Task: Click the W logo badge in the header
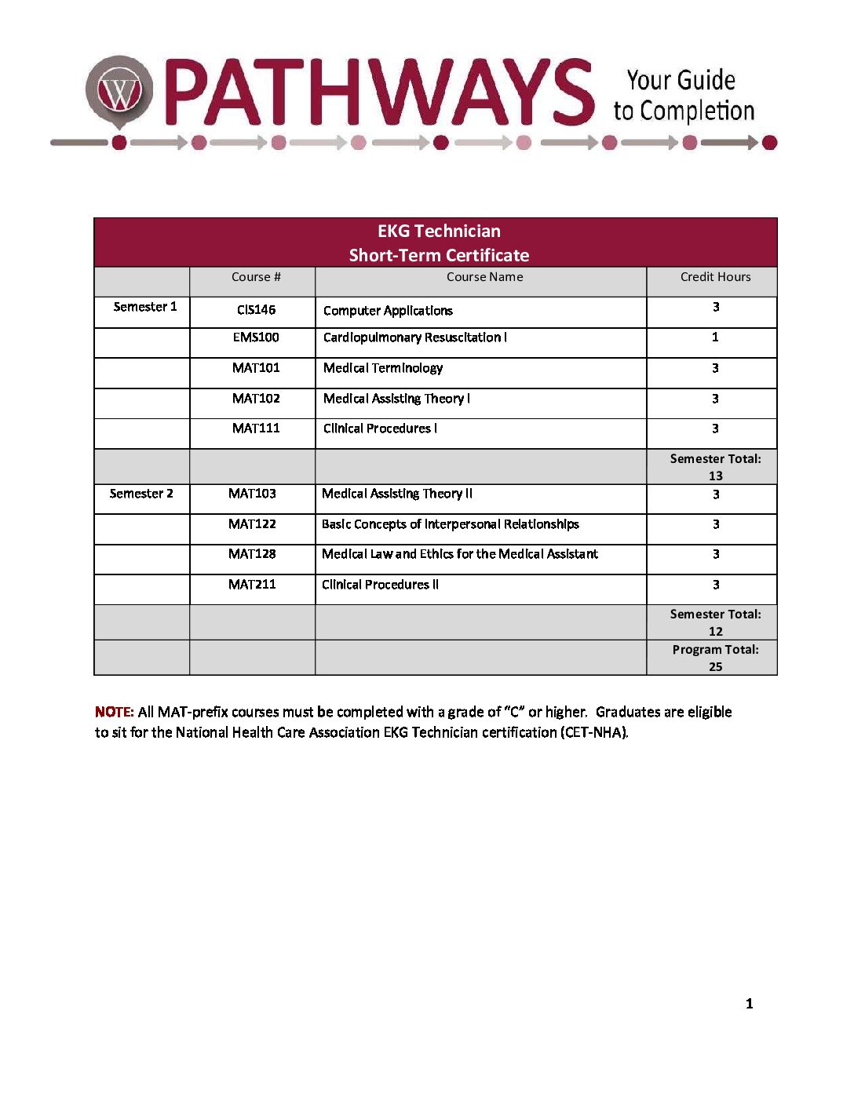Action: pos(119,93)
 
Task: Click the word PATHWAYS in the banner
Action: pos(379,93)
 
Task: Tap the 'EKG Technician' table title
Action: pos(439,231)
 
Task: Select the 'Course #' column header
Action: pos(256,277)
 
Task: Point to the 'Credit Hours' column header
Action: pos(715,277)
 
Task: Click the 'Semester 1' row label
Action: pos(145,307)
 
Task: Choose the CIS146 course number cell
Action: pos(256,310)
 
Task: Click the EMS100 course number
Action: pos(256,337)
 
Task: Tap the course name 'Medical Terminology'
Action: pos(383,368)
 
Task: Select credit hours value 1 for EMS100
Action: pos(715,337)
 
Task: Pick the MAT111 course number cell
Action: pos(256,429)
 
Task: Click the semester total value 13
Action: pos(715,476)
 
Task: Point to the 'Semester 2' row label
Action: pos(141,494)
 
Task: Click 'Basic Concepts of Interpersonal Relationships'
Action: pos(451,524)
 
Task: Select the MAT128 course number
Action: pos(252,554)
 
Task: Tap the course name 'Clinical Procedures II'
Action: pos(380,585)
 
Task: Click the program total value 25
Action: pos(715,666)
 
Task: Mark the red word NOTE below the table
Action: pos(114,712)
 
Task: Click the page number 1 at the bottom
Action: pos(749,1004)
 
